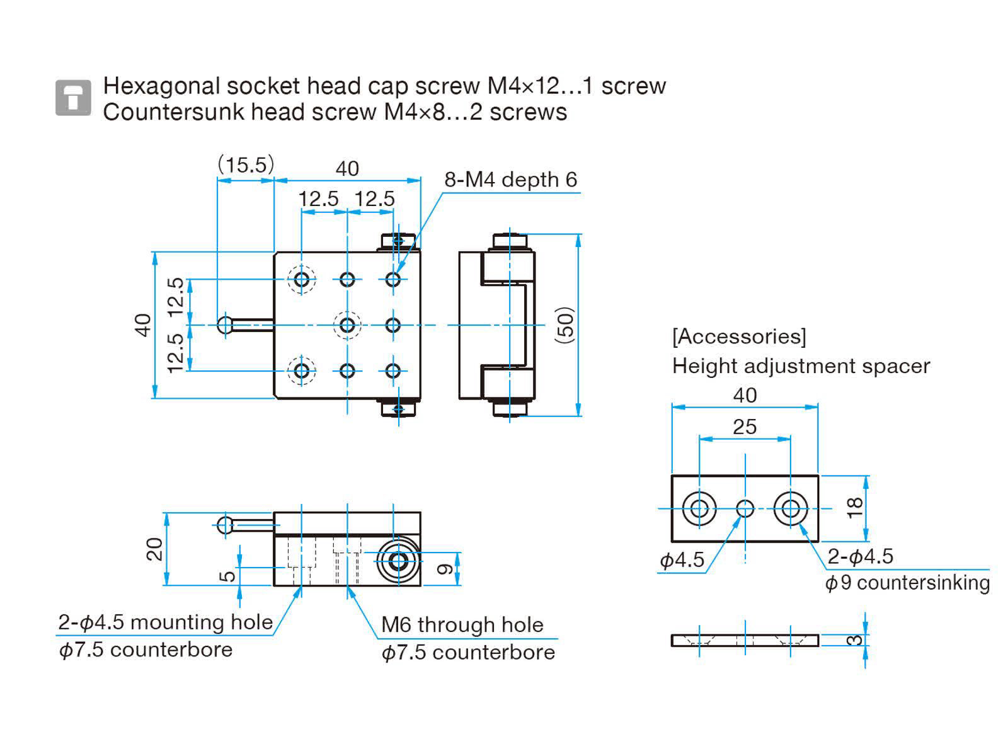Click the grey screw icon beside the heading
(73, 98)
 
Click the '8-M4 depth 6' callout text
(510, 180)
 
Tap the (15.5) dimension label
(246, 165)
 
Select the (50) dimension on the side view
(566, 325)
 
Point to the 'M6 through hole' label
(462, 625)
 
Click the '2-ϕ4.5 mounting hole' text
(166, 622)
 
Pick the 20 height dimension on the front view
(154, 549)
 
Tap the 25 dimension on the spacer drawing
(745, 427)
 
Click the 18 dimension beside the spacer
(854, 508)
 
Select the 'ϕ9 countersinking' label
(907, 583)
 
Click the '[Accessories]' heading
(739, 336)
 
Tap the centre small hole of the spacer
(745, 508)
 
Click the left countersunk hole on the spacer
(699, 508)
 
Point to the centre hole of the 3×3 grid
(347, 325)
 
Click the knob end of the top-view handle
(225, 325)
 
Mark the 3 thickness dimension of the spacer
(854, 640)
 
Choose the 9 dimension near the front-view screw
(445, 568)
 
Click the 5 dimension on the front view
(228, 575)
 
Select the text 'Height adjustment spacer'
(801, 366)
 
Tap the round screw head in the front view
(398, 561)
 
